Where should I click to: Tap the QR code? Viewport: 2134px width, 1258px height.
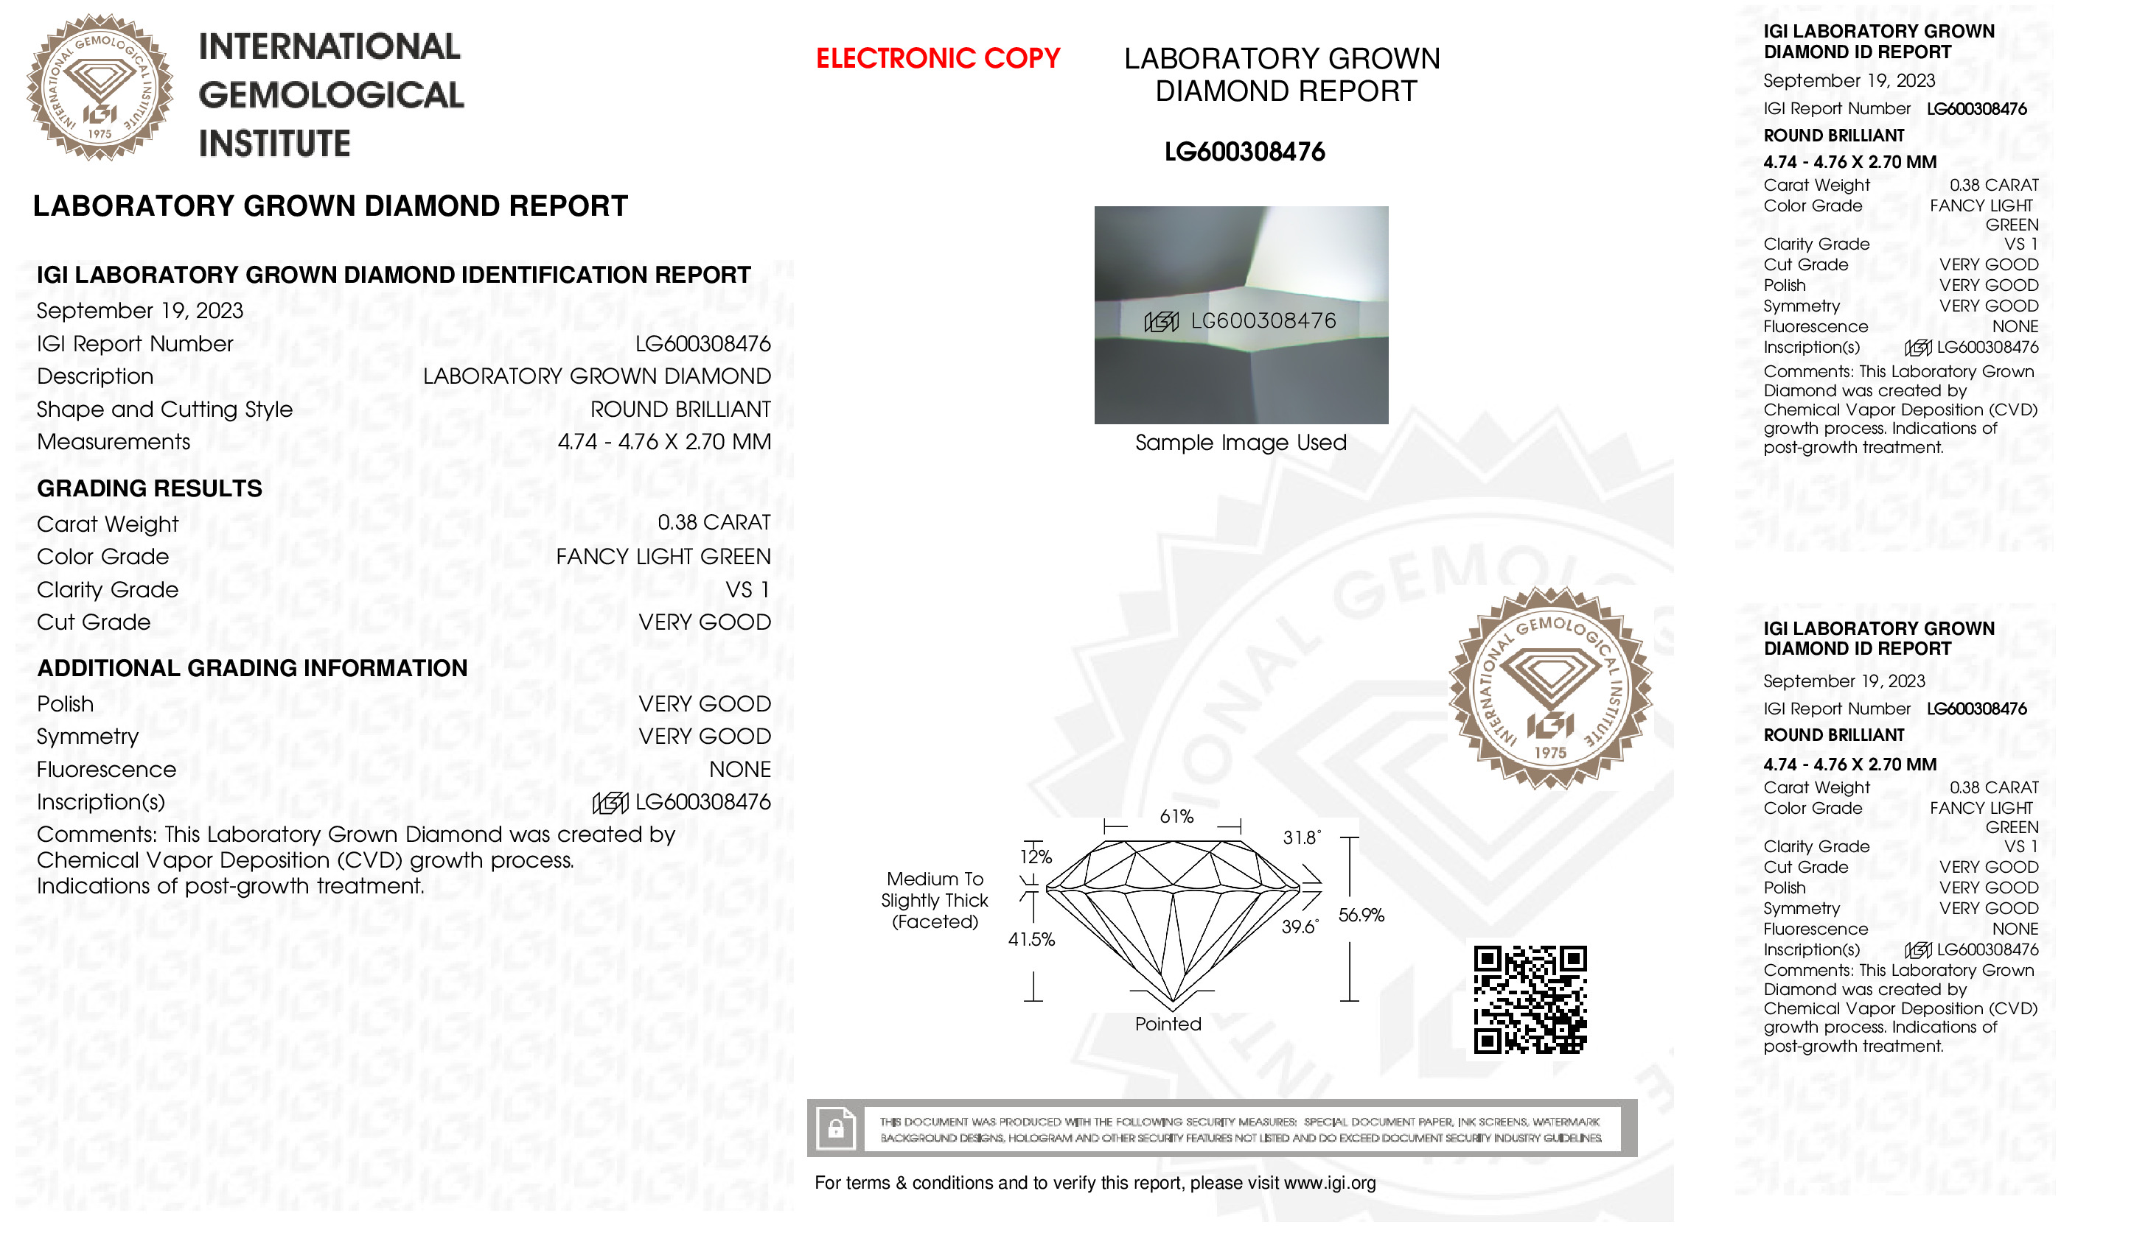click(x=1530, y=999)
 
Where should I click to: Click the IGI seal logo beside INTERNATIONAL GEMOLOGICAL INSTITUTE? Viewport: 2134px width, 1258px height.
click(x=100, y=88)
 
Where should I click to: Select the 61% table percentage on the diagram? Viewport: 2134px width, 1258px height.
click(x=1176, y=816)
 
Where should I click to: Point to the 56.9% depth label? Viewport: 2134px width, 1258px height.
click(x=1361, y=915)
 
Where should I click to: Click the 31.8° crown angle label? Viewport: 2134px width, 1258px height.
click(x=1301, y=837)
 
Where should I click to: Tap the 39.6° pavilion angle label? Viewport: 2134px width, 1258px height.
click(x=1300, y=927)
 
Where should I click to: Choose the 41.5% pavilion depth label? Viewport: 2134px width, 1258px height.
click(x=1031, y=939)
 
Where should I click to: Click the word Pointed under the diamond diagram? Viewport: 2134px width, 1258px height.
click(x=1168, y=1024)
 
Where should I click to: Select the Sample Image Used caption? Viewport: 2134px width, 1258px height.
click(x=1241, y=443)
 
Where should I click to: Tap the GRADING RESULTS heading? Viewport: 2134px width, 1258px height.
click(x=150, y=488)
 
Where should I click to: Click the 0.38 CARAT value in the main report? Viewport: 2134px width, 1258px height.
click(x=714, y=523)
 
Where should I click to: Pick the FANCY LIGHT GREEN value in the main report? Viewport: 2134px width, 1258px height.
click(x=663, y=557)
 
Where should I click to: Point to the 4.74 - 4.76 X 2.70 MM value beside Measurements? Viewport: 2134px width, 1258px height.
click(x=664, y=442)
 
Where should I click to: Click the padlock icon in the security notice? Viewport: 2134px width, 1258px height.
click(x=835, y=1128)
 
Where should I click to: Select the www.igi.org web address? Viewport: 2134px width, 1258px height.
click(x=1329, y=1183)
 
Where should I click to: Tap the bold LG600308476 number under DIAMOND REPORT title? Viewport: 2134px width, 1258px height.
click(x=1244, y=152)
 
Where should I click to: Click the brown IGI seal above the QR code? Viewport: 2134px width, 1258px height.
click(x=1549, y=687)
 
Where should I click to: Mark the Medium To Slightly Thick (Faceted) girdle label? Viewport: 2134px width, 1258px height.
click(x=935, y=900)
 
